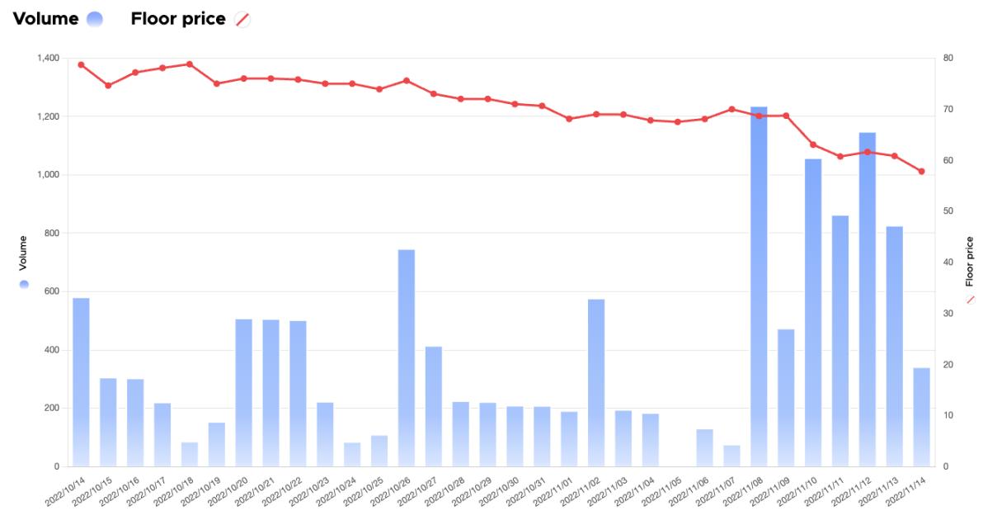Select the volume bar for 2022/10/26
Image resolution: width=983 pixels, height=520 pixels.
[407, 358]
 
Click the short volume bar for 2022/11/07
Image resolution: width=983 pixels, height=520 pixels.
[731, 456]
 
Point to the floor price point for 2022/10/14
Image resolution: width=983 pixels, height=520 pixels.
[81, 64]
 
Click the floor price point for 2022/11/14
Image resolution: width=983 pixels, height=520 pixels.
[921, 172]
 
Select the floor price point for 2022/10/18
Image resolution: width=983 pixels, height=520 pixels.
[190, 64]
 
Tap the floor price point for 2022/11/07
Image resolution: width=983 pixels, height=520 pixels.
[731, 109]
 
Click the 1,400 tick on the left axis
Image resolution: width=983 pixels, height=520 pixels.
[48, 58]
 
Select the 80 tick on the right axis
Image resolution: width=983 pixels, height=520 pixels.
[948, 58]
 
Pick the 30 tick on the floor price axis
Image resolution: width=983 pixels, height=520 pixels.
[948, 314]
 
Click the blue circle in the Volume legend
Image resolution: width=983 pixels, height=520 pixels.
[94, 20]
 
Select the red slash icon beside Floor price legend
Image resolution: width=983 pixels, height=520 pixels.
[242, 20]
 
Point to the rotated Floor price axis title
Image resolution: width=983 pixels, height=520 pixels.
[969, 261]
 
